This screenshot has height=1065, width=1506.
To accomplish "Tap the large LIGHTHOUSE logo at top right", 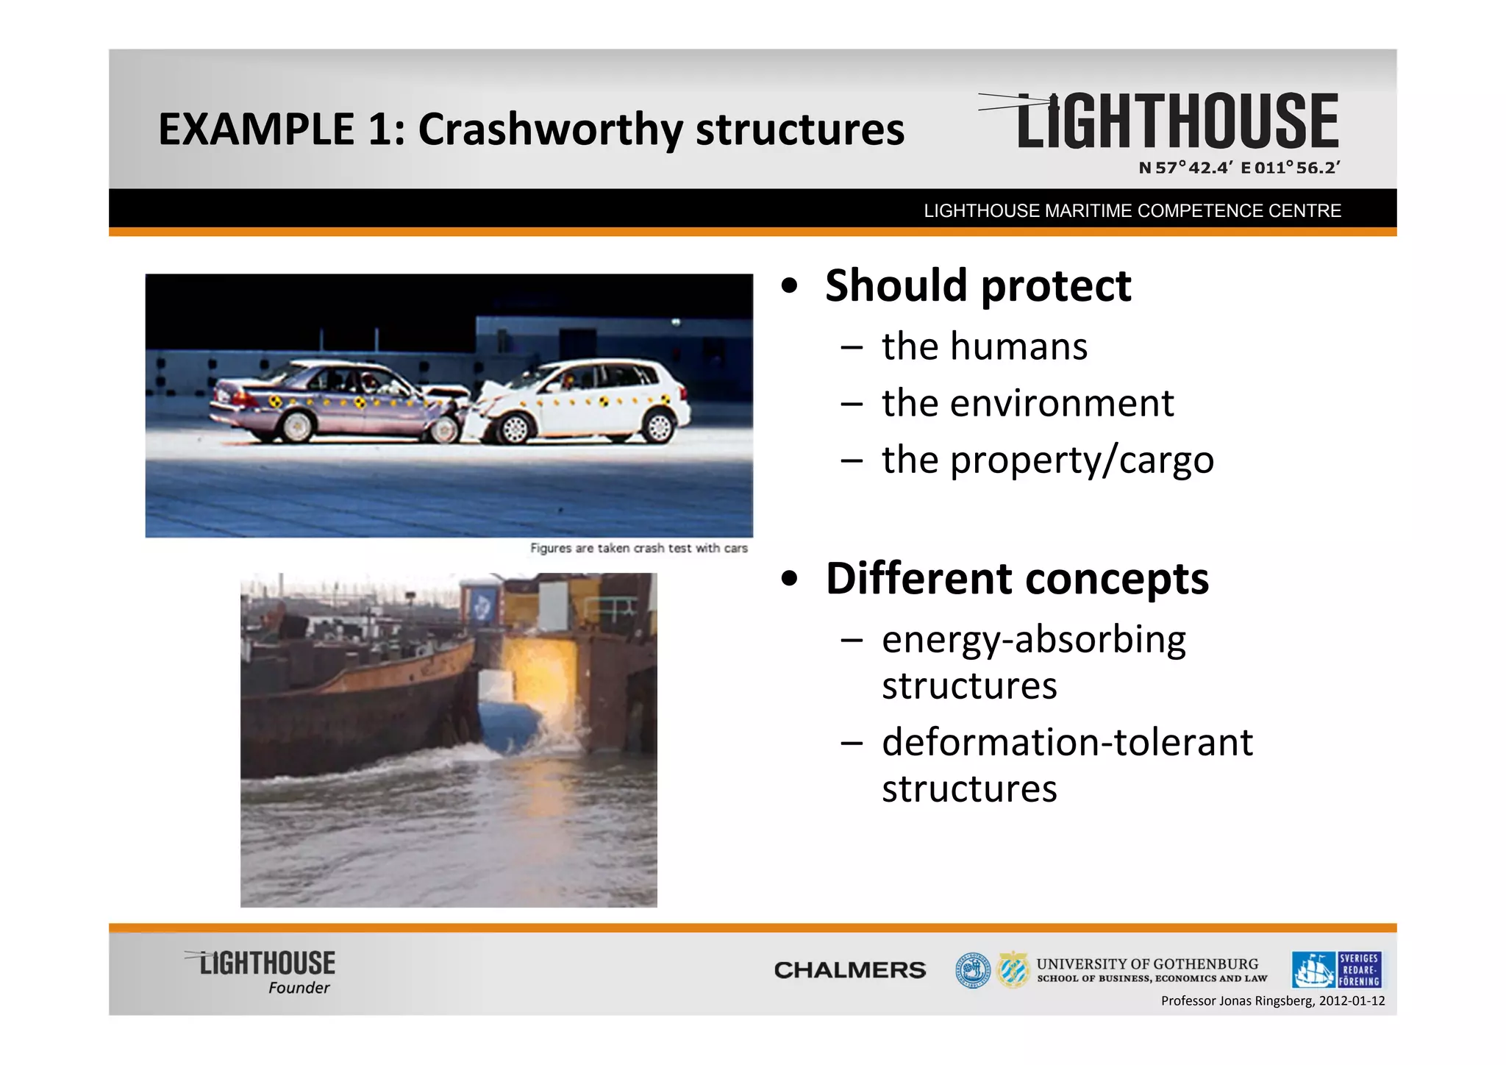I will pyautogui.click(x=1177, y=121).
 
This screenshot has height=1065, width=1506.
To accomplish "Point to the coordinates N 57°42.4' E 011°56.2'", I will pyautogui.click(x=1239, y=168).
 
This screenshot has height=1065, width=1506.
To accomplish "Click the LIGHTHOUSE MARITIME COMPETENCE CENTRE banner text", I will pyautogui.click(x=1132, y=211).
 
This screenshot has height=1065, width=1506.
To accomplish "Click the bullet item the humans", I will pyautogui.click(x=984, y=346).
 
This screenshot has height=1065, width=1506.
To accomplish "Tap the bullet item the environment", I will pyautogui.click(x=1027, y=403).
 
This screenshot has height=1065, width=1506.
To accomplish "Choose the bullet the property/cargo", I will pyautogui.click(x=1047, y=460).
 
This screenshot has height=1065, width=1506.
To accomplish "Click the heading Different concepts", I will pyautogui.click(x=1016, y=578).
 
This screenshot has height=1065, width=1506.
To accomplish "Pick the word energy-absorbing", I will pyautogui.click(x=1033, y=639).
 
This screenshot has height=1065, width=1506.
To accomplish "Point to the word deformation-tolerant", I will pyautogui.click(x=1067, y=742).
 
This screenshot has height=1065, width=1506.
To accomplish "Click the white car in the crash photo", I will pyautogui.click(x=588, y=401).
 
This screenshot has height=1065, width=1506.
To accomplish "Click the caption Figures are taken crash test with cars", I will pyautogui.click(x=638, y=548).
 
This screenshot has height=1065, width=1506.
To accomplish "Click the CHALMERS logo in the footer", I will pyautogui.click(x=849, y=970).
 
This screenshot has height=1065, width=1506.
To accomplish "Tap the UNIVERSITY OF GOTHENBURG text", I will pyautogui.click(x=1147, y=964).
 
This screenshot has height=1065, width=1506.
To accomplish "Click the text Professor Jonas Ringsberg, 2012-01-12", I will pyautogui.click(x=1272, y=1001).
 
